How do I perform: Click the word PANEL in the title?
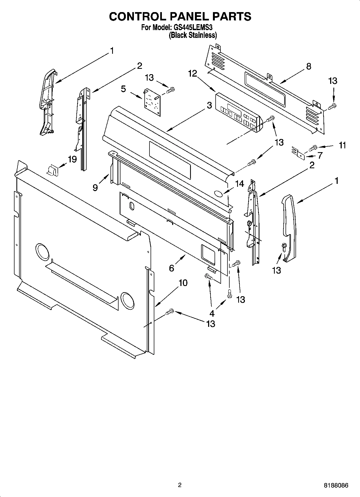[180, 16]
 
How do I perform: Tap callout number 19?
[72, 159]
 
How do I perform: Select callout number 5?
[123, 89]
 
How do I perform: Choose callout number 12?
[193, 73]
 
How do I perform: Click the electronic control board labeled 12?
[238, 112]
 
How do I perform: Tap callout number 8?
[309, 66]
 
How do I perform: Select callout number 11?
[342, 145]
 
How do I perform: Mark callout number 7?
[320, 156]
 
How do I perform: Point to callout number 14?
[240, 184]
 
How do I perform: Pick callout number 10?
[183, 283]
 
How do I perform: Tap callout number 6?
[172, 268]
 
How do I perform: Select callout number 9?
[95, 187]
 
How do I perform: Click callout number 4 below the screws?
[212, 313]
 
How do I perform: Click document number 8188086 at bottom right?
[336, 485]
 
